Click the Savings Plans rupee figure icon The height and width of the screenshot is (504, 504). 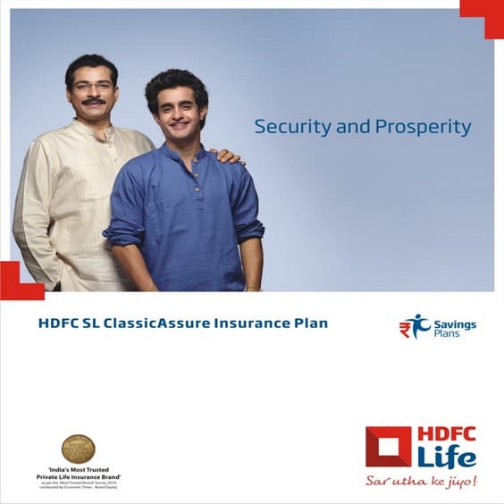414,326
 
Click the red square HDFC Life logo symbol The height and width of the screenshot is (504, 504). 388,448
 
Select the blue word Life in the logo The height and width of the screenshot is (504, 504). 446,457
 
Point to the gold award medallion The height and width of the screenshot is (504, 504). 78,448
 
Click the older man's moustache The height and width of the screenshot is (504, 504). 93,102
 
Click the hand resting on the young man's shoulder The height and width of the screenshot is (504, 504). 227,156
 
